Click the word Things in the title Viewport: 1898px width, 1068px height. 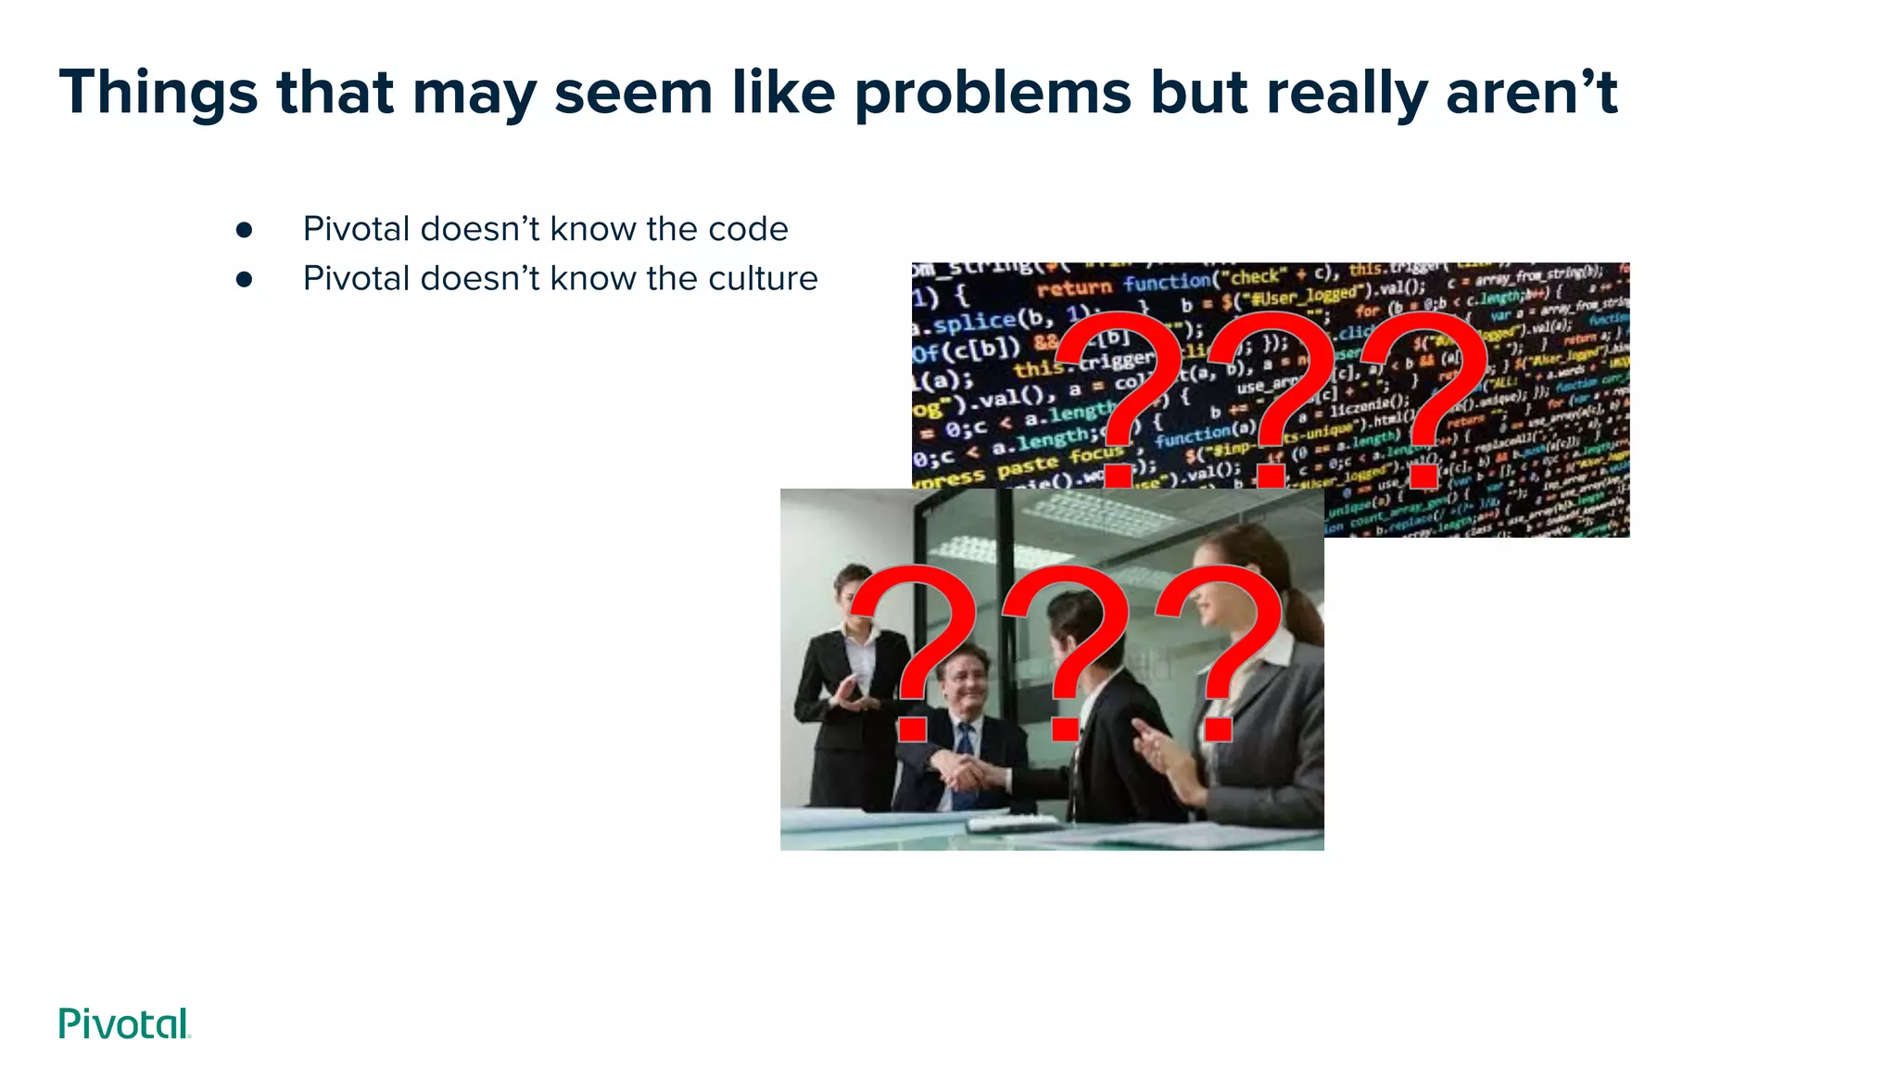pyautogui.click(x=158, y=93)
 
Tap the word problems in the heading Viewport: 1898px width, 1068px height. pyautogui.click(x=992, y=93)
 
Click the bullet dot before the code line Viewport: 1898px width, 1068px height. pyautogui.click(x=244, y=230)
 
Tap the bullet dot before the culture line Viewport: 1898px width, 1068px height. pyautogui.click(x=244, y=279)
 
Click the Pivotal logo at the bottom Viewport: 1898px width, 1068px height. pyautogui.click(x=124, y=1023)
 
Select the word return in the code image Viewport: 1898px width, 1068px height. pyautogui.click(x=1074, y=288)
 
